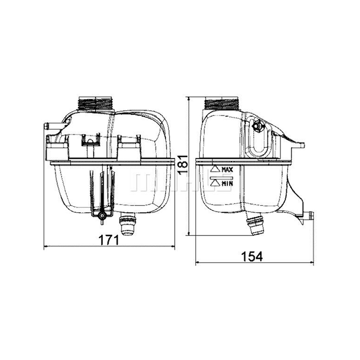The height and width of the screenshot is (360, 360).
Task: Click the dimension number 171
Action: tap(108, 240)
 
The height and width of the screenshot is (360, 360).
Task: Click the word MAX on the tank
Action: tap(227, 170)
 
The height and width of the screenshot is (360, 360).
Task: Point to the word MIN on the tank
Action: tap(227, 183)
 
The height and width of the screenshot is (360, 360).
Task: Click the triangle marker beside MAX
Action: tap(214, 169)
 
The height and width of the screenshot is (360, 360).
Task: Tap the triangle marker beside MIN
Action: tap(214, 183)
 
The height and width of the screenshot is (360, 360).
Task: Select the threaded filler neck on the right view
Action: tap(221, 103)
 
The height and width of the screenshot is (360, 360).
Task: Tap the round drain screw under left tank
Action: tap(100, 215)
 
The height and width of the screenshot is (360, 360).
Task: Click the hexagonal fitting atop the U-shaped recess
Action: tap(258, 124)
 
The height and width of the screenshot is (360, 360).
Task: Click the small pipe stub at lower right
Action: tap(309, 216)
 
